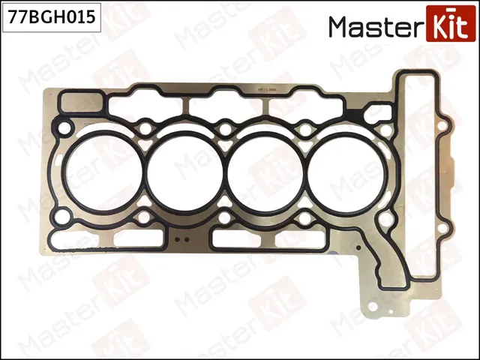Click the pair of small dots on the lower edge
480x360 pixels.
(178, 241)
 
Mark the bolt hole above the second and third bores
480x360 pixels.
(225, 130)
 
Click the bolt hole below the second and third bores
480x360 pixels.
(225, 218)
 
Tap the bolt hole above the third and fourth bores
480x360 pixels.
(305, 130)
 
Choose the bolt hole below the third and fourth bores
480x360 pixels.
(306, 218)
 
